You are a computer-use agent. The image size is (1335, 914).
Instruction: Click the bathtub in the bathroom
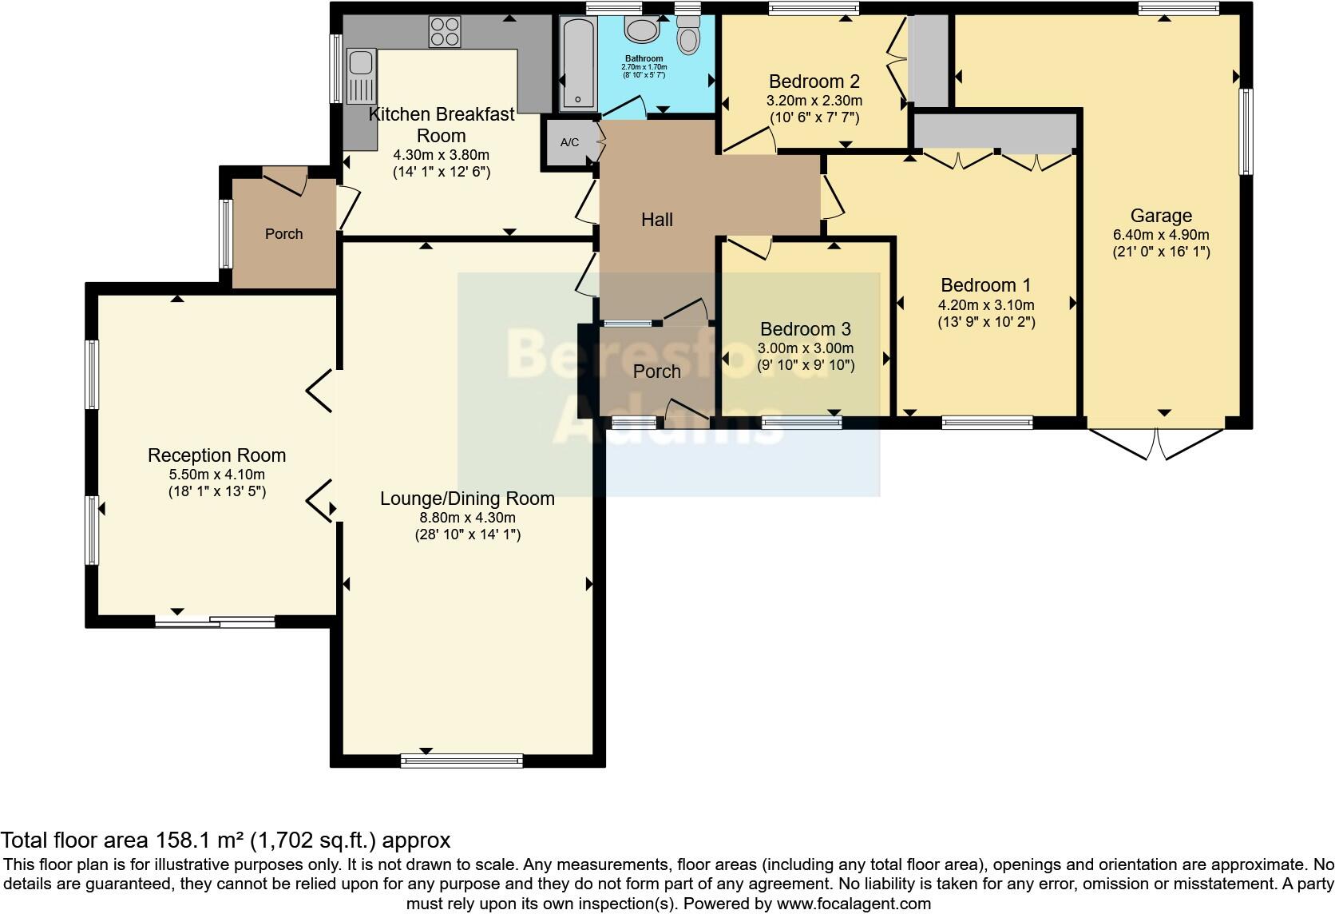point(576,63)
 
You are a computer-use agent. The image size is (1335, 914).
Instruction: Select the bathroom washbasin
point(640,30)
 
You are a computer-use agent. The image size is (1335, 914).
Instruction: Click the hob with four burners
point(445,31)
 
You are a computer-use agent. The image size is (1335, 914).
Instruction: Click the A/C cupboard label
point(569,143)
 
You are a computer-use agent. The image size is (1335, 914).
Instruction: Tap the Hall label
point(657,220)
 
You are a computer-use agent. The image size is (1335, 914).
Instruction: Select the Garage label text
point(1161,216)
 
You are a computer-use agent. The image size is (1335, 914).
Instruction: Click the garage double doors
point(1156,443)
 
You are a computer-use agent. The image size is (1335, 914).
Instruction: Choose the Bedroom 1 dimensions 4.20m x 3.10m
point(986,304)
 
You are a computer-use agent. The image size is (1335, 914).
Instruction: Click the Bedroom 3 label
point(805,329)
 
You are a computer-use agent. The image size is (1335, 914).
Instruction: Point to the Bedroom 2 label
point(814,81)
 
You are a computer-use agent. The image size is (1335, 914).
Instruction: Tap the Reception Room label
point(216,455)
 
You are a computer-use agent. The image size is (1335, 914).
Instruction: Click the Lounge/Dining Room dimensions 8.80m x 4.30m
point(467,517)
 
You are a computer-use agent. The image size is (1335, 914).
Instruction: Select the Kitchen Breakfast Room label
point(442,125)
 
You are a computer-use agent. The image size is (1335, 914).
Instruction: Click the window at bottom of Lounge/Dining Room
point(462,761)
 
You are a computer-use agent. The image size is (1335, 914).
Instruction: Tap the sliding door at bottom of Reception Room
point(215,622)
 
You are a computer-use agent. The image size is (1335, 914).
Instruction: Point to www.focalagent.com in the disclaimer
point(854,904)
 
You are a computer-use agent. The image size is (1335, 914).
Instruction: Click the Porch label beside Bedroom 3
point(657,372)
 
